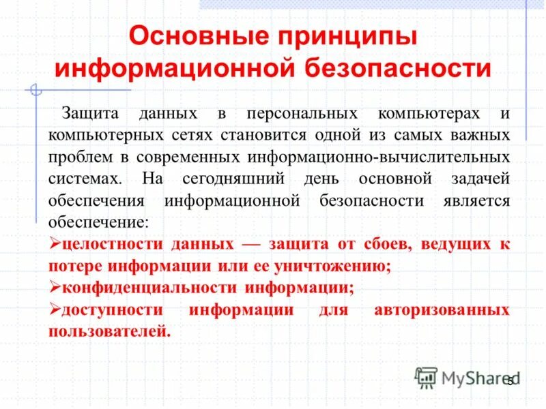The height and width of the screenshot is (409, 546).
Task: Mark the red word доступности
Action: [x=108, y=310]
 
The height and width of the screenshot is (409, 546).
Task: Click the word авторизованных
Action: [x=442, y=310]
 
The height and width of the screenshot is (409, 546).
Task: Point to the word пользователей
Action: [x=108, y=332]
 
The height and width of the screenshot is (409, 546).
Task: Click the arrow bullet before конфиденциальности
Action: [x=55, y=288]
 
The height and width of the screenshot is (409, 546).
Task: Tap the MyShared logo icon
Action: [x=427, y=376]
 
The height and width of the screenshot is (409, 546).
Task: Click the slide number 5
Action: [x=509, y=381]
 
